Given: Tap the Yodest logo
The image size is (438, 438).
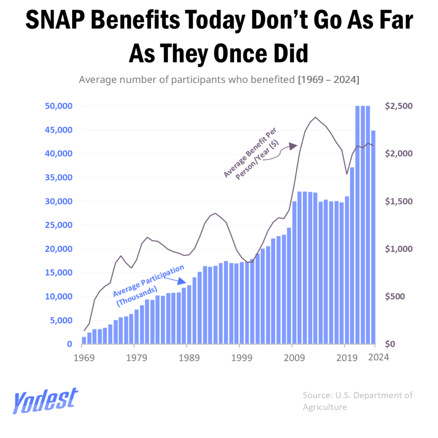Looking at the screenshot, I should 45,401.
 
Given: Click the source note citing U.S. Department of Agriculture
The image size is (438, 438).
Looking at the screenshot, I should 358,401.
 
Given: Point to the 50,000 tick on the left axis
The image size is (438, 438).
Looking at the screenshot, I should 59,106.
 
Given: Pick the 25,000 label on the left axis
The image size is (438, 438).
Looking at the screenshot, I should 59,225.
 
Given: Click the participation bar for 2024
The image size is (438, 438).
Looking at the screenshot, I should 373,237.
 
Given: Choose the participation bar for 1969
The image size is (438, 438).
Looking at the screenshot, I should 84,340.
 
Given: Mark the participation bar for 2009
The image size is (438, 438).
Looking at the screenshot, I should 294,272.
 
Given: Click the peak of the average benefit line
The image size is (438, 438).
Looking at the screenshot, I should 315,117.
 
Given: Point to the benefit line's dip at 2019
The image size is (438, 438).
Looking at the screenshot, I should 347,174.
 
